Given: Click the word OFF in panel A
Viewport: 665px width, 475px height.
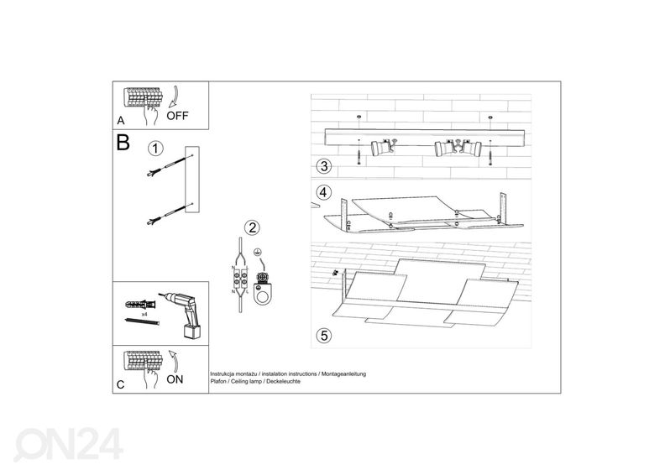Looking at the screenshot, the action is (177, 115).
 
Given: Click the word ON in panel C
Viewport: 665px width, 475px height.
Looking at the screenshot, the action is (175, 379).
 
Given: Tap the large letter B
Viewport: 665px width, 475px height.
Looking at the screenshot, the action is (123, 143).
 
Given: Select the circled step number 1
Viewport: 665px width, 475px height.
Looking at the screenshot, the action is (155, 149).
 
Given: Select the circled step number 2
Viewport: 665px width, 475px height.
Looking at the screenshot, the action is (253, 228).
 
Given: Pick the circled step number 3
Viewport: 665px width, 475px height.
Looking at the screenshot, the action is (324, 166).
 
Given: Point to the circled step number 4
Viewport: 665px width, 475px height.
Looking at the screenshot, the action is (323, 192).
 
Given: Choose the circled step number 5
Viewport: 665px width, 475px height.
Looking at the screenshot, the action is (324, 336).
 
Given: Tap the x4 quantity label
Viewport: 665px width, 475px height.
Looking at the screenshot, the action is (144, 315).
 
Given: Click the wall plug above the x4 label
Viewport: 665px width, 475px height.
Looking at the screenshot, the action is (141, 305).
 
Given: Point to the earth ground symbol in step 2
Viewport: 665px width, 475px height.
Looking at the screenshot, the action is (256, 253).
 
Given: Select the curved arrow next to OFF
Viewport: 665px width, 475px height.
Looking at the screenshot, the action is (175, 97).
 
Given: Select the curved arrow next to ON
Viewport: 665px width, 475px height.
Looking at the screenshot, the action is (173, 360).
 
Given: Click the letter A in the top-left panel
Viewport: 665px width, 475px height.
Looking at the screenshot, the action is (121, 121).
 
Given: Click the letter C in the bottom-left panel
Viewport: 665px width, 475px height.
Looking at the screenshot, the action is (120, 384).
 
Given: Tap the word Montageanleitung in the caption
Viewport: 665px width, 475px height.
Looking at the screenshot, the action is (343, 374).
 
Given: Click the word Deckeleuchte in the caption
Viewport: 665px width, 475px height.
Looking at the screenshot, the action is (283, 381).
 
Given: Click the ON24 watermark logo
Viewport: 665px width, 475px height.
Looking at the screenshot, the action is (68, 444).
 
